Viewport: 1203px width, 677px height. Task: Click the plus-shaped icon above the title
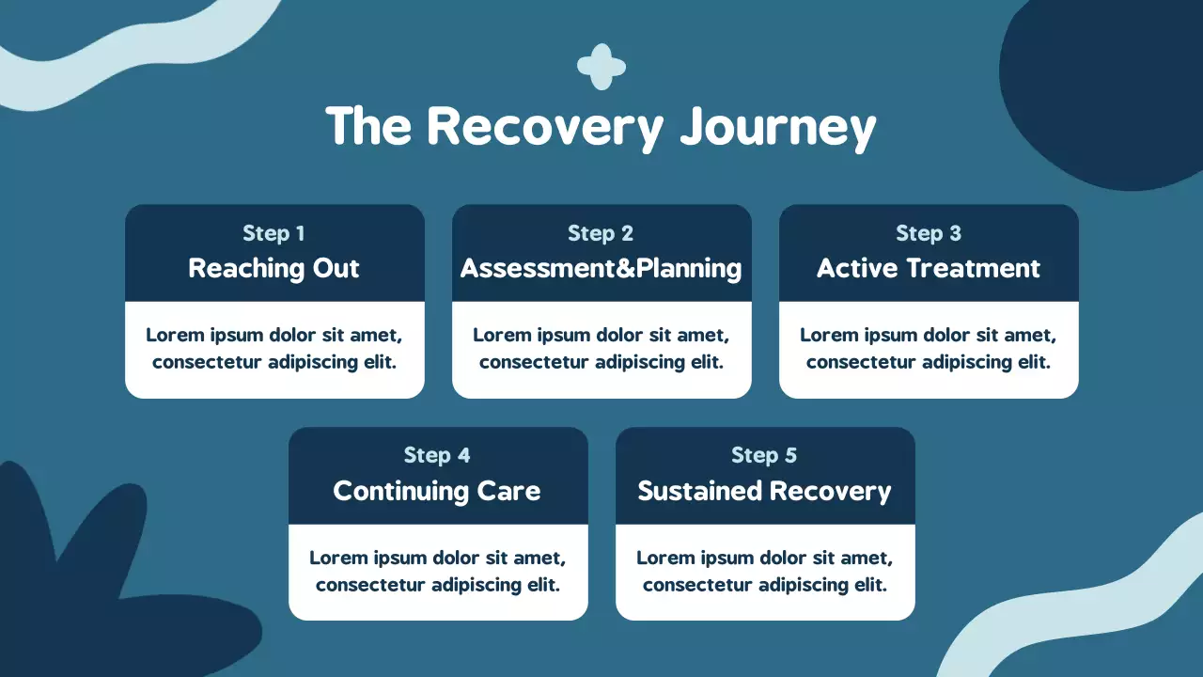601,67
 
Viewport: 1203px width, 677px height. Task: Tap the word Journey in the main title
778,129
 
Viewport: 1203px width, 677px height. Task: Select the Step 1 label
273,233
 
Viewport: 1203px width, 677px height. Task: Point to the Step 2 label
601,233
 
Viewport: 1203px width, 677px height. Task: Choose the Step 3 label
929,233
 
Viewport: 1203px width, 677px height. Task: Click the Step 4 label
437,456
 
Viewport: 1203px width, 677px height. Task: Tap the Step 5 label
764,456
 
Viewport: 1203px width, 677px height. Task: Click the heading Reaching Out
273,268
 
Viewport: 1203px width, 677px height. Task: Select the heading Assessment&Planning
601,268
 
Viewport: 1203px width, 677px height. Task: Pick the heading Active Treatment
929,268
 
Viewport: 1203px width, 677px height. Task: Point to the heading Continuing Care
437,491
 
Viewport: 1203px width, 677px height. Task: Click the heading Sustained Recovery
764,491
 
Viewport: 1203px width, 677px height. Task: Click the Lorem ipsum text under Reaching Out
273,348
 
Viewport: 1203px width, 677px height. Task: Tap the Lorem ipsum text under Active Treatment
929,348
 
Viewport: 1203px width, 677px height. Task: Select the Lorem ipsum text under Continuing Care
437,571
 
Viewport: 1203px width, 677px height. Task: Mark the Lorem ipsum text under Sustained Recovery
764,571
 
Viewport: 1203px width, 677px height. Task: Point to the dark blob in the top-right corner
1109,85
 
